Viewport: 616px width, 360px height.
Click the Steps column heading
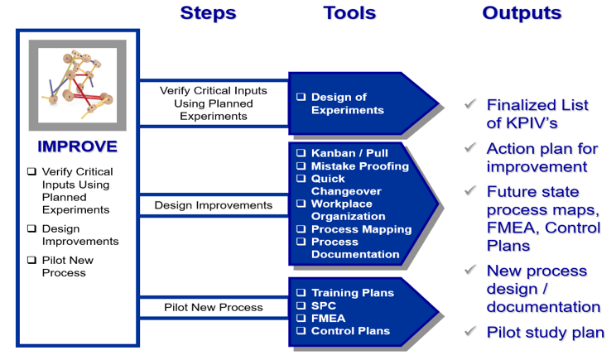pos(208,13)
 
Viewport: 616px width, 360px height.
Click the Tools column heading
pos(349,13)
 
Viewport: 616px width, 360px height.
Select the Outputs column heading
pos(522,13)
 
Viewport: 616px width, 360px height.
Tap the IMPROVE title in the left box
pos(77,146)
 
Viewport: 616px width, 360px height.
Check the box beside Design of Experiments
pos(301,98)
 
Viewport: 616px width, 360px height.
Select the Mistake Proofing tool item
pos(359,166)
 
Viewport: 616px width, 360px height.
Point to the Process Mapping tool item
pos(361,229)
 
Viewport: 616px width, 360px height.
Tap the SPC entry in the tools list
pos(324,305)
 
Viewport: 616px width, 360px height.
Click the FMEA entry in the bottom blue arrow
pos(328,318)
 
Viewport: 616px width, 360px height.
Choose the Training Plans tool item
pos(352,293)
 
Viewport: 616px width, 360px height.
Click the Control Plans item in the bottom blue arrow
pos(349,331)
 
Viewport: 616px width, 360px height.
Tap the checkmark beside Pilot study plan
pos(470,332)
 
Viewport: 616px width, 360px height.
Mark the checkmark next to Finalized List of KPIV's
pos(470,104)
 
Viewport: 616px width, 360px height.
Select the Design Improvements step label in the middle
pos(213,204)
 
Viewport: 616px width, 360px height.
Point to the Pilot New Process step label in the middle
pos(213,307)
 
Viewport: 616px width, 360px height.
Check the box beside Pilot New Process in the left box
pos(31,261)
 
